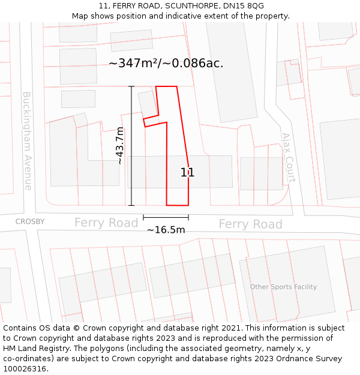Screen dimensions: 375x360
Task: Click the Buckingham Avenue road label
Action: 28,141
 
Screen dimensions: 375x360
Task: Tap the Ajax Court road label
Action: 288,157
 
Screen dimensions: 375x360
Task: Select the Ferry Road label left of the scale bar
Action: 106,223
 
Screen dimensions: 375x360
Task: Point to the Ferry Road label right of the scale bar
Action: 250,224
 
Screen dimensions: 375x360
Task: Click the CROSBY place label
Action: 30,221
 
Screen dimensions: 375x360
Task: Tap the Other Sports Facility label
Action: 283,287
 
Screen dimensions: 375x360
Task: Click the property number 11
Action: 187,173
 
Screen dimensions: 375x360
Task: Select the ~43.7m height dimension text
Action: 120,146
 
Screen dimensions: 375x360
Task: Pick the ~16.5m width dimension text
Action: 166,230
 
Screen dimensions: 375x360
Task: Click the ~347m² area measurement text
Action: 166,63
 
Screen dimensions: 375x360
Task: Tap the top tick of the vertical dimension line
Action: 131,86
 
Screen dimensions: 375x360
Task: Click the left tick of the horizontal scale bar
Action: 144,217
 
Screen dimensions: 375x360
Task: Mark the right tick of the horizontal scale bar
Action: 188,217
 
